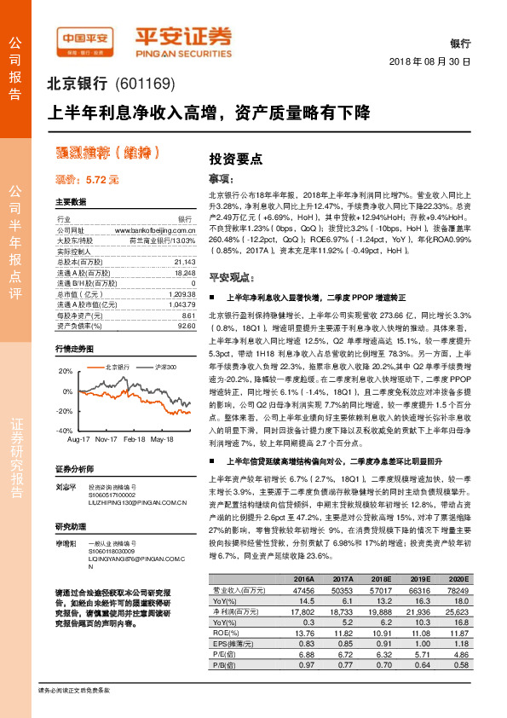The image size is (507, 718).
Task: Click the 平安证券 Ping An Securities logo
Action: [x=183, y=39]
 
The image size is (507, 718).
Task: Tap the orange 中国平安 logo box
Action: [x=84, y=39]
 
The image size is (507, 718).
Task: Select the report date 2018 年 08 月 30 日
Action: [x=429, y=63]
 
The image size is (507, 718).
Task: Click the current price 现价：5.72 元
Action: [x=87, y=180]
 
